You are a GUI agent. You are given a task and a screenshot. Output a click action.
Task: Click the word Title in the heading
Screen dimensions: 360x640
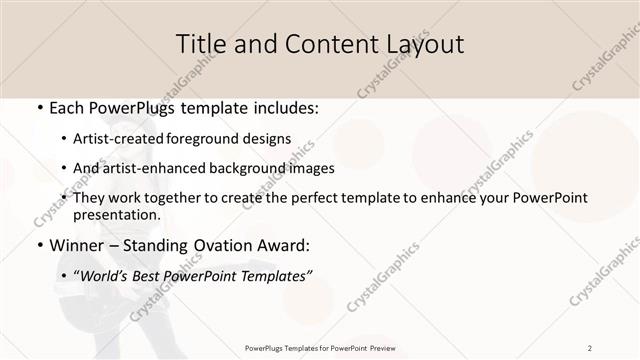(200, 44)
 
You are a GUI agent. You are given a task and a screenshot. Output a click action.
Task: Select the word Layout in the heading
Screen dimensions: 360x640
(419, 44)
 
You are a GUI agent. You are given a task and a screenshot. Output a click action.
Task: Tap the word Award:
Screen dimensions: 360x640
(286, 246)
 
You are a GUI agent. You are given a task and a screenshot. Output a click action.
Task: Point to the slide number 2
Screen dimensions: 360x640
(590, 347)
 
